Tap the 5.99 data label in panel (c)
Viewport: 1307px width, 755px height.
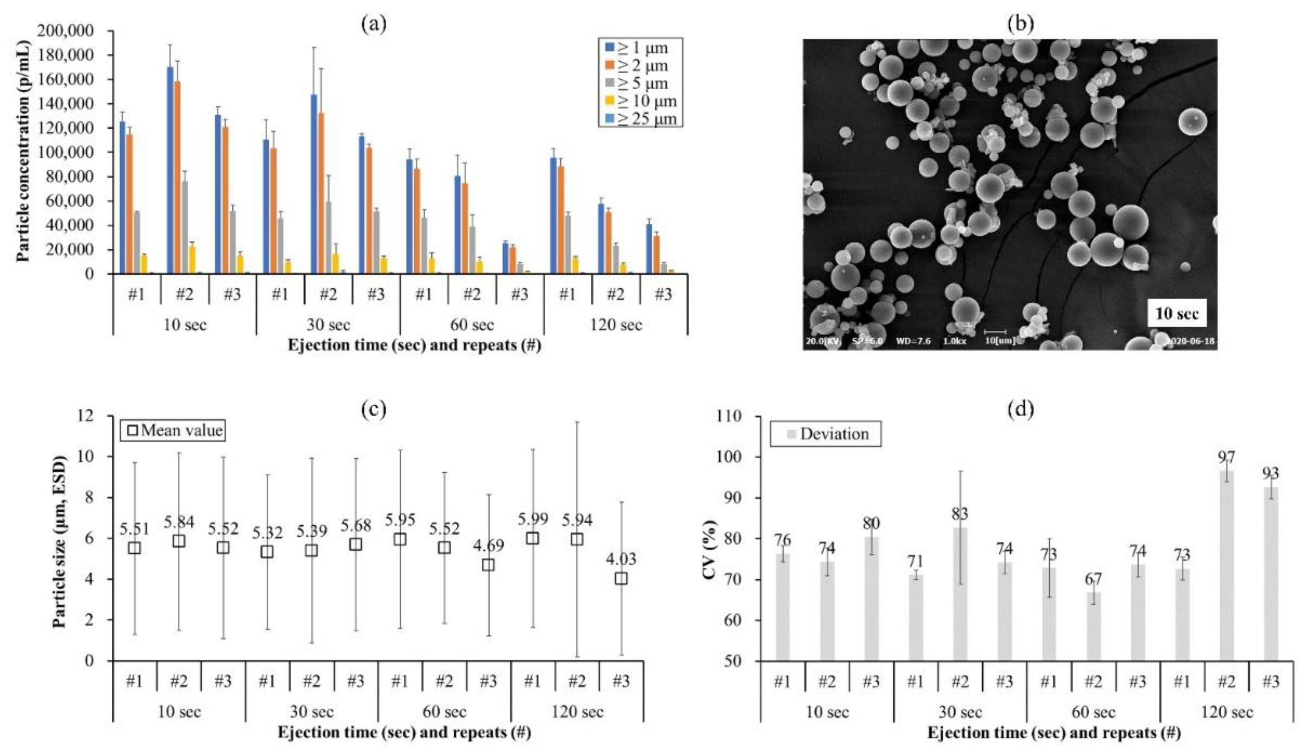pos(532,519)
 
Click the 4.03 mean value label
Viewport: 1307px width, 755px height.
pos(621,559)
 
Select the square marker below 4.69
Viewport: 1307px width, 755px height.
pos(488,565)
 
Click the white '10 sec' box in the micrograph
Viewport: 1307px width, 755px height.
pos(1177,313)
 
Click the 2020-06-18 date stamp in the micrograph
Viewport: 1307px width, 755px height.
pos(1190,341)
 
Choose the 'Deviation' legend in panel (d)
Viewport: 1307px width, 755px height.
pos(826,434)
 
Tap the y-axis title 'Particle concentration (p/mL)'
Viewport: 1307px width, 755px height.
pos(22,150)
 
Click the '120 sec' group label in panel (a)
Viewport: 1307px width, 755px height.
pos(616,325)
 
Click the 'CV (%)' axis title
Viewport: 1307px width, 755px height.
pos(711,538)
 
